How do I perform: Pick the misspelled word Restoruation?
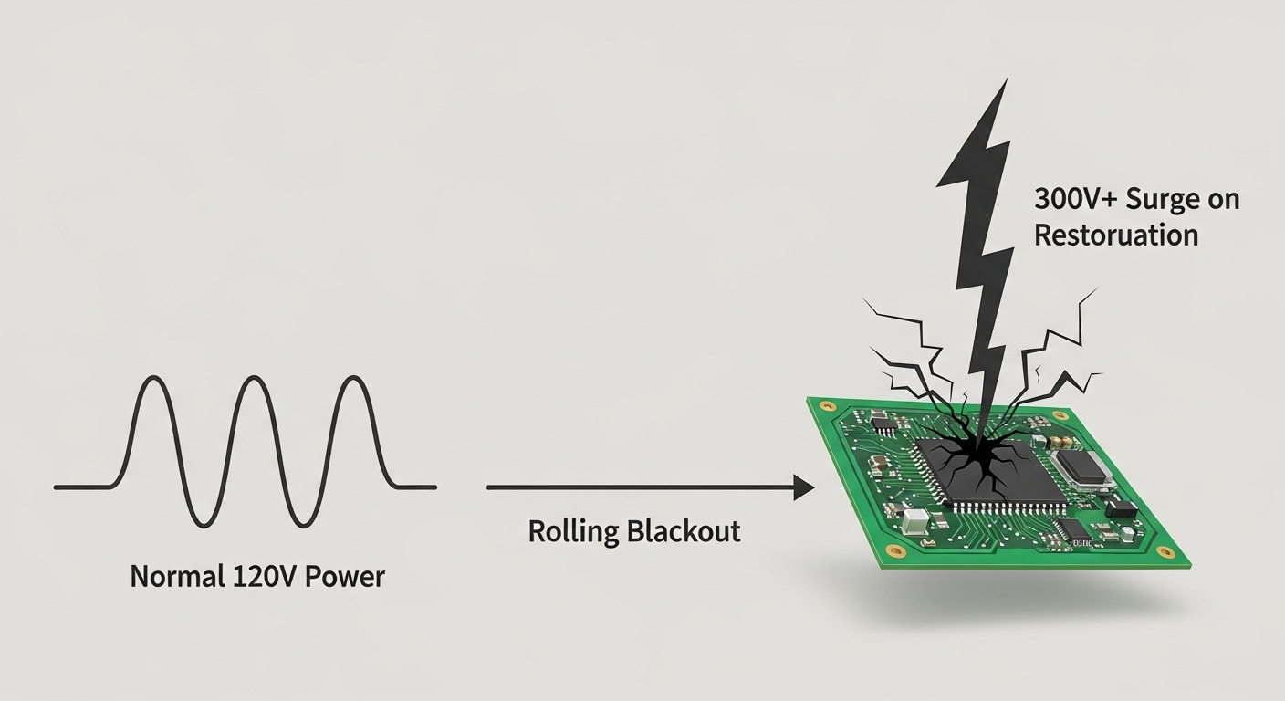tap(1115, 235)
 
